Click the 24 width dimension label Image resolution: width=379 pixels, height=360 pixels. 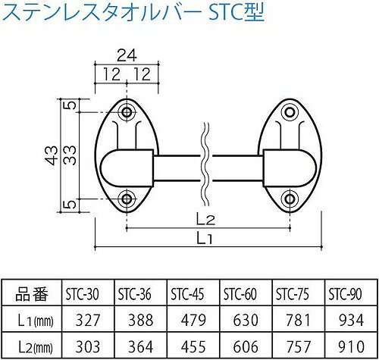127,56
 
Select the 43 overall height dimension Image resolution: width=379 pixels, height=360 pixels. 52,155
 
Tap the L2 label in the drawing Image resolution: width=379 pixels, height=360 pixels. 206,220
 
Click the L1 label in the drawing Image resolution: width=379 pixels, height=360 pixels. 204,238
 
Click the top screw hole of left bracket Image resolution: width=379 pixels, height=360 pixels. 127,112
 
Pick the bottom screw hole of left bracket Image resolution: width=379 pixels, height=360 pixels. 127,199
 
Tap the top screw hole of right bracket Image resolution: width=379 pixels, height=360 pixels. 290,112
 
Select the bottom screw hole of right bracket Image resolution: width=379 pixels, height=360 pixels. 290,199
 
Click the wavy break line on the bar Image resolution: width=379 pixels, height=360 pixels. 205,164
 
